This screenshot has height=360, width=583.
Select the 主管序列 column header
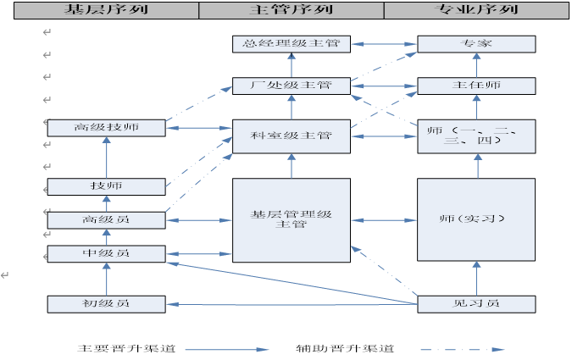point(291,10)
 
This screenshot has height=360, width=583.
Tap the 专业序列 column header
point(475,10)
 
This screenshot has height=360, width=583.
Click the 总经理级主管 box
point(291,44)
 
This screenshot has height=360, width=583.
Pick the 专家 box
point(476,44)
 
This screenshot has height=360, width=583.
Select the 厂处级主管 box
point(291,86)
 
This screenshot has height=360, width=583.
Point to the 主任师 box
point(476,86)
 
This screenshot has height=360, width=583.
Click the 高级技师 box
point(106,128)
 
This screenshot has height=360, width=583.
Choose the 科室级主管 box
point(291,136)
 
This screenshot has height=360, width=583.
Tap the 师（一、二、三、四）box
point(476,136)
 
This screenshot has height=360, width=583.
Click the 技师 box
point(106,186)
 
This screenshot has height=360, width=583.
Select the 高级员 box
point(106,220)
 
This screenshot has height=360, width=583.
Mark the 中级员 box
point(106,253)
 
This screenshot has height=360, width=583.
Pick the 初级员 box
point(106,303)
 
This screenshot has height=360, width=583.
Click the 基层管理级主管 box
point(291,219)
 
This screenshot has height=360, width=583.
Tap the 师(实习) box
point(476,219)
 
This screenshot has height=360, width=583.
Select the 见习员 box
point(476,303)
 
